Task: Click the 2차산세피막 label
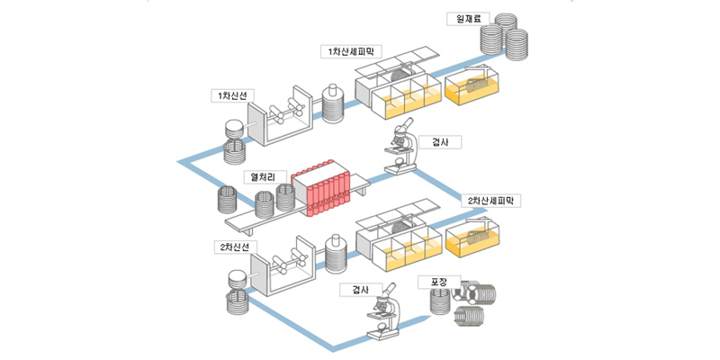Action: click(490, 201)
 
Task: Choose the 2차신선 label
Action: click(236, 247)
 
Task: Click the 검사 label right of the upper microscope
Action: click(440, 142)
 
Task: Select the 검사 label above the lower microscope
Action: click(361, 289)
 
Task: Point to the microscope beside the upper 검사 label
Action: click(400, 146)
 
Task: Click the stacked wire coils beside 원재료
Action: click(504, 37)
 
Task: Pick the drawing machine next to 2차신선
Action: click(283, 266)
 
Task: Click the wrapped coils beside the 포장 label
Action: click(463, 301)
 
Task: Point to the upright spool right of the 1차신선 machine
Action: click(333, 104)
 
